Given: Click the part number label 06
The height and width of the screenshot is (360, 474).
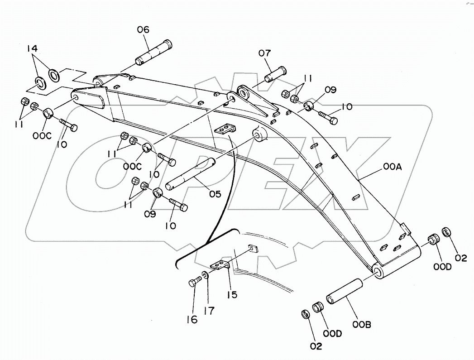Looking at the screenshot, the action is [x=144, y=29].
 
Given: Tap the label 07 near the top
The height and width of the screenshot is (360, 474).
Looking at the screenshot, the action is [x=264, y=53].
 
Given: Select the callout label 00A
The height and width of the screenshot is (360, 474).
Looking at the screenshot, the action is [x=393, y=167].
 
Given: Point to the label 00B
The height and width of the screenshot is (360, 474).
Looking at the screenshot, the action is [x=362, y=325].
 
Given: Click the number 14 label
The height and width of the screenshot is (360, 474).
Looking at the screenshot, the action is [x=32, y=48].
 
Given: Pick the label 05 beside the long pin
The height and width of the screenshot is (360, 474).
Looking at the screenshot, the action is [x=215, y=194].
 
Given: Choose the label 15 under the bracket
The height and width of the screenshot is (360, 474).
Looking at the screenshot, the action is [x=232, y=294].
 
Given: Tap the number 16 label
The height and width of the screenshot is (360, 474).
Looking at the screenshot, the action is [x=192, y=320].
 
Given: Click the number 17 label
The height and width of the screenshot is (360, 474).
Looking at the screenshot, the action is [x=209, y=311].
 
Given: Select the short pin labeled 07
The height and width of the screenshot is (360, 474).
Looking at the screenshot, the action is [x=276, y=74].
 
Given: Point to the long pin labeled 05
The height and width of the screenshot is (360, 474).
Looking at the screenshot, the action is [x=190, y=175].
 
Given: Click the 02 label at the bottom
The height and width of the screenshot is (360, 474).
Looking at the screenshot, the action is [x=316, y=346].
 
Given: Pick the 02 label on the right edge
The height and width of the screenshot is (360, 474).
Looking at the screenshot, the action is [x=461, y=258].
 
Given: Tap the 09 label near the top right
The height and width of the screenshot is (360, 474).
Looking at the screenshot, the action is [x=330, y=90].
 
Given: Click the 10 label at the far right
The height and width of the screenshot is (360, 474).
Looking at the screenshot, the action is [x=347, y=107].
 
